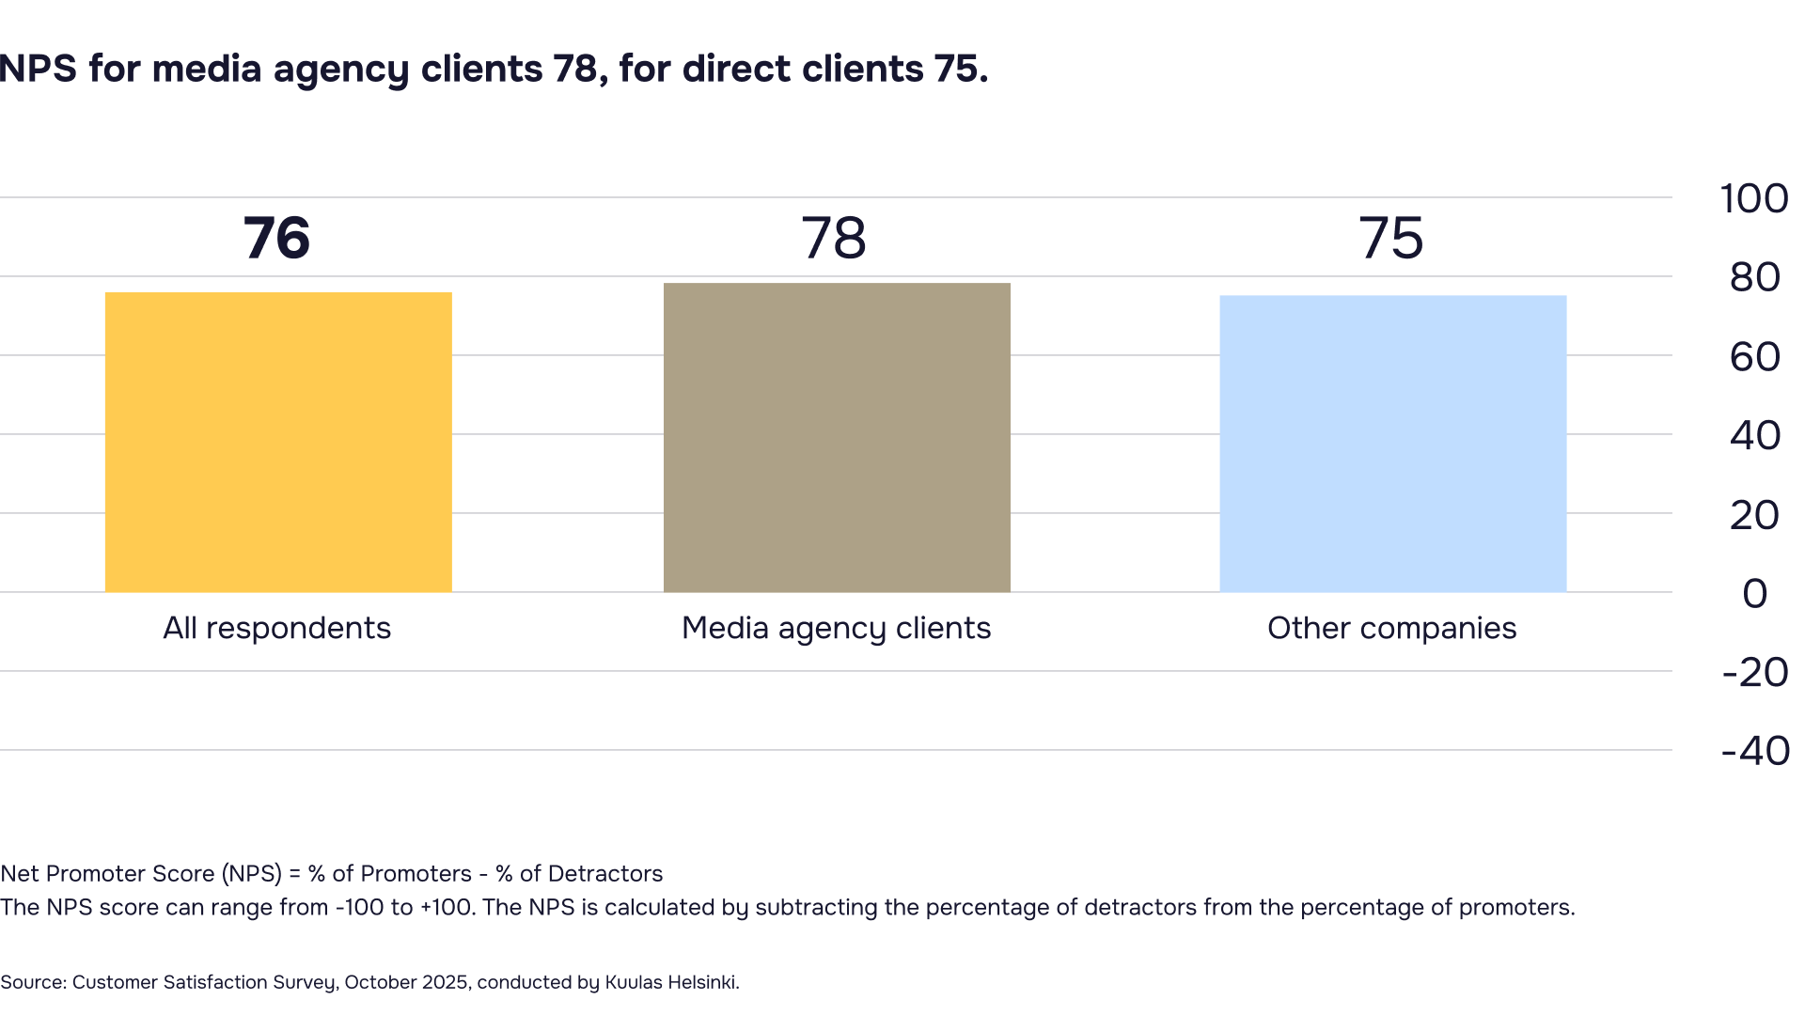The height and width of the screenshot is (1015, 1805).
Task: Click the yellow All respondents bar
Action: (x=277, y=442)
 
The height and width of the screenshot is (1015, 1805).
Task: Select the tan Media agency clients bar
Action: (x=837, y=437)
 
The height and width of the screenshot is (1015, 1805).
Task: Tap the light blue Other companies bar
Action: (x=1392, y=444)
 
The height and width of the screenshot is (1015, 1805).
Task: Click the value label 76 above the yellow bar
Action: (x=276, y=238)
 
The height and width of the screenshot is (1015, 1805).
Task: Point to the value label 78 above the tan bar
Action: (x=834, y=238)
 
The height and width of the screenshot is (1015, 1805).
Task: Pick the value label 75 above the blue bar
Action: (x=1390, y=238)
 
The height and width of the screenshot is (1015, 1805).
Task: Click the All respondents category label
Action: (x=276, y=628)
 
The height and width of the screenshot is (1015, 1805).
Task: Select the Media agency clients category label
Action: (x=836, y=628)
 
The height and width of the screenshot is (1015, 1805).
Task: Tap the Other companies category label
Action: (x=1391, y=628)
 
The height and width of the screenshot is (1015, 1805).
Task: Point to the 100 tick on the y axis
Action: (x=1753, y=199)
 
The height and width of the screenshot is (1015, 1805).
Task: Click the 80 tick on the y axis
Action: (x=1754, y=278)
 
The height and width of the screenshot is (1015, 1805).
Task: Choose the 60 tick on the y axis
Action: (x=1754, y=357)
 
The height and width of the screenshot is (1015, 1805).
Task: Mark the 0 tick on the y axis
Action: (x=1754, y=594)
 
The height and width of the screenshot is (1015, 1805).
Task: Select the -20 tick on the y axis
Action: (x=1754, y=673)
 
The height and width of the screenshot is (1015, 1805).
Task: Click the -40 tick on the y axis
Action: (x=1754, y=752)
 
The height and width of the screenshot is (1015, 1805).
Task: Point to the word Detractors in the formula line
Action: (x=604, y=874)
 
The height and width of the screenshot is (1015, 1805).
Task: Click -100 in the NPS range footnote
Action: (x=358, y=908)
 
